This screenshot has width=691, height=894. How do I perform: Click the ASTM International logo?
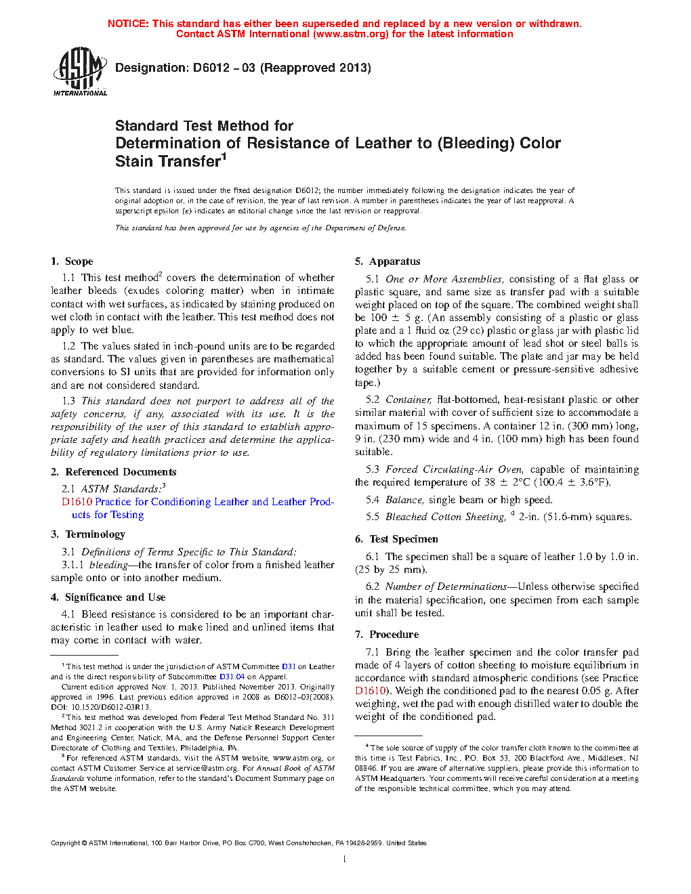pyautogui.click(x=80, y=71)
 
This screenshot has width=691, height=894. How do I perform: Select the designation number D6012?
pyautogui.click(x=211, y=68)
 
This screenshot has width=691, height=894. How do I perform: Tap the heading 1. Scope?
pyautogui.click(x=72, y=261)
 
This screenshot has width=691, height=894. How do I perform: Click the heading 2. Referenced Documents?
pyautogui.click(x=113, y=472)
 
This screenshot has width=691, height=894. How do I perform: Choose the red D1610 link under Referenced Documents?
pyautogui.click(x=77, y=502)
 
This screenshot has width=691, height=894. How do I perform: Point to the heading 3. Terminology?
pyautogui.click(x=88, y=534)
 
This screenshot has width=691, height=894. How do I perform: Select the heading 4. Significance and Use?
pyautogui.click(x=108, y=597)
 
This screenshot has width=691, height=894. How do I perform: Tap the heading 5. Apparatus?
pyautogui.click(x=388, y=261)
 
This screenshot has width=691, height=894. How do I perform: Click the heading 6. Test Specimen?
pyautogui.click(x=396, y=539)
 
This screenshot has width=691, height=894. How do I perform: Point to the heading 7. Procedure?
pyautogui.click(x=387, y=635)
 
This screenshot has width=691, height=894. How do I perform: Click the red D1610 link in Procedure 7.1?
pyautogui.click(x=370, y=691)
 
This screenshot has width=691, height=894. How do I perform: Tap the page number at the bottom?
pyautogui.click(x=345, y=859)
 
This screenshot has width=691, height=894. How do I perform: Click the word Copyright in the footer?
pyautogui.click(x=65, y=843)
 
